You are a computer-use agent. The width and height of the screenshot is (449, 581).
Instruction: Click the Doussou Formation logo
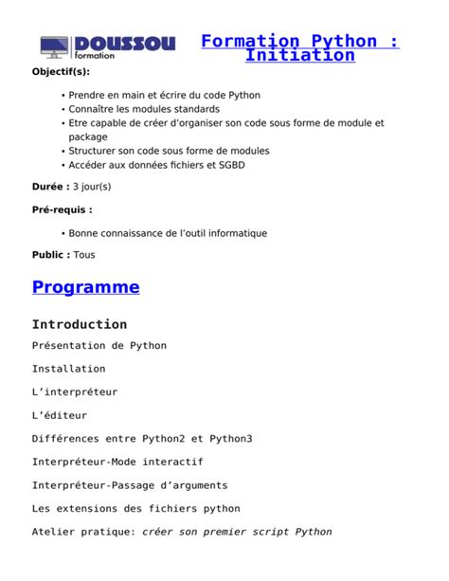pyautogui.click(x=107, y=46)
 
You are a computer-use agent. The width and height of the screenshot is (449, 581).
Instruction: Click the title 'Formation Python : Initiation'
pyautogui.click(x=299, y=48)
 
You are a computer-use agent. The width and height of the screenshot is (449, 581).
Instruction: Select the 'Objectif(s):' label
pyautogui.click(x=63, y=72)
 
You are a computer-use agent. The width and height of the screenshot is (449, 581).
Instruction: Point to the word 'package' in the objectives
pyautogui.click(x=88, y=136)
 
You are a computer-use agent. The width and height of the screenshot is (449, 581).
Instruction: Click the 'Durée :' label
pyautogui.click(x=50, y=187)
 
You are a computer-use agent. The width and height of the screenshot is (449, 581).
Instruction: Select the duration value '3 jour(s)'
pyautogui.click(x=92, y=187)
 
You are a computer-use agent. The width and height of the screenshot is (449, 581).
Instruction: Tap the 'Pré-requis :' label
pyautogui.click(x=63, y=209)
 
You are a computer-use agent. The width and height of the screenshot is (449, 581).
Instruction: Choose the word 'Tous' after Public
pyautogui.click(x=84, y=255)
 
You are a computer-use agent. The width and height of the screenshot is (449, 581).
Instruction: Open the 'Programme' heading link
pyautogui.click(x=85, y=287)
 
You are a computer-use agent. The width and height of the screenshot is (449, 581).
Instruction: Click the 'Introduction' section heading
pyautogui.click(x=80, y=324)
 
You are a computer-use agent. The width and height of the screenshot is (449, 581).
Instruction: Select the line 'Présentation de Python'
pyautogui.click(x=99, y=346)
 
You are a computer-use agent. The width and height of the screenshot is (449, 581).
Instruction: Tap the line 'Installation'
pyautogui.click(x=68, y=369)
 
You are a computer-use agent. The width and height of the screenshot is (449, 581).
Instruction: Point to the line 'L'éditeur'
pyautogui.click(x=59, y=415)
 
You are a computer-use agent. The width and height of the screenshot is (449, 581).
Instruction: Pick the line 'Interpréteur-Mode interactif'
pyautogui.click(x=117, y=462)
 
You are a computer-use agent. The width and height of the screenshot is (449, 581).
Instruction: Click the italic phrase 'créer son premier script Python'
pyautogui.click(x=237, y=532)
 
